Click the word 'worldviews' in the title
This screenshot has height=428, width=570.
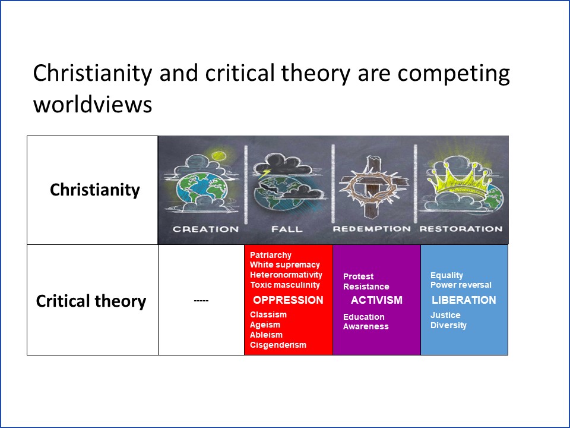(93, 104)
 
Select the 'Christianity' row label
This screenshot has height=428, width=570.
(95, 190)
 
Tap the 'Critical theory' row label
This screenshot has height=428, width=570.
(91, 301)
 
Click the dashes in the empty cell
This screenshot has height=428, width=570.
(201, 301)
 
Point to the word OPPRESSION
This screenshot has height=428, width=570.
(289, 300)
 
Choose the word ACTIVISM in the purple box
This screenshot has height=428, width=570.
(376, 300)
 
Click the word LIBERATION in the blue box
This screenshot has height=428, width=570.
(464, 300)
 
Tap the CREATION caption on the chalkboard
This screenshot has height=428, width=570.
(206, 229)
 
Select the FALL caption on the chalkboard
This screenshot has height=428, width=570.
(287, 229)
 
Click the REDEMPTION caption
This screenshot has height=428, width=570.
(372, 229)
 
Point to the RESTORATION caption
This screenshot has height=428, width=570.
(461, 229)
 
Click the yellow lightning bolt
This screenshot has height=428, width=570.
(265, 173)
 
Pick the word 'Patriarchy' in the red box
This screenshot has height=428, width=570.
(271, 255)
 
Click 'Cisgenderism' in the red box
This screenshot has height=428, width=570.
(278, 345)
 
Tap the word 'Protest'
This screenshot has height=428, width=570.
(358, 276)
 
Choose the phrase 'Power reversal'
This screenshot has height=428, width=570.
(461, 285)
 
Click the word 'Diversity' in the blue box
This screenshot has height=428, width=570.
(448, 325)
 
